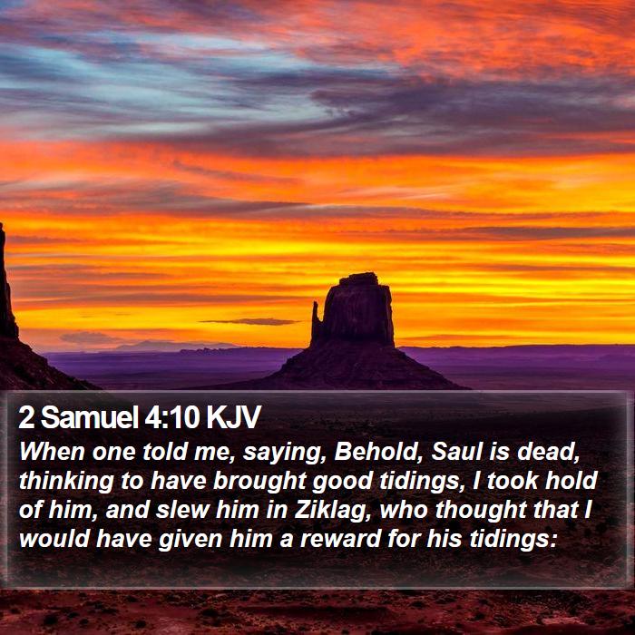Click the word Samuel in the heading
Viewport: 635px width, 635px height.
[x=89, y=417]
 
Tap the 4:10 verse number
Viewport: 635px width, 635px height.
[x=171, y=417]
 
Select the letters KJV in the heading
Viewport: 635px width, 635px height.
[x=233, y=417]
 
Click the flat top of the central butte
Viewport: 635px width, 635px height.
[x=359, y=277]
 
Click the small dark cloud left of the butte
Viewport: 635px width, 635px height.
[x=251, y=321]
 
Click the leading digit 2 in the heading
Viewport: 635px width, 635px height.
[x=26, y=417]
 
